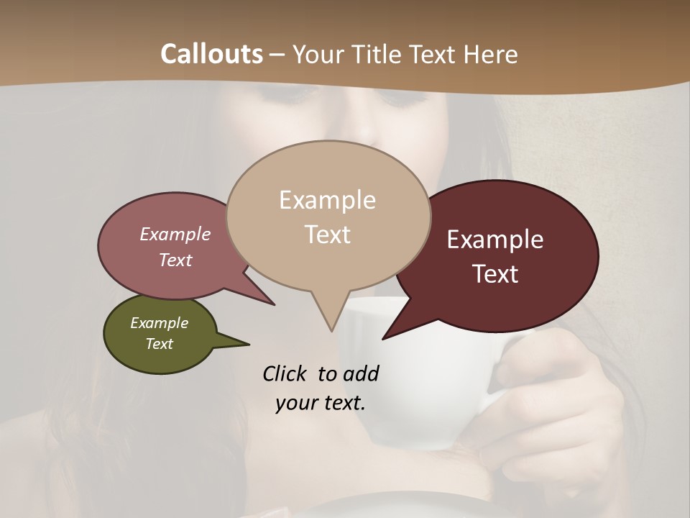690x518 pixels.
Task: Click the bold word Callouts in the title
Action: [211, 54]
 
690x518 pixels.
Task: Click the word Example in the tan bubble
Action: [327, 200]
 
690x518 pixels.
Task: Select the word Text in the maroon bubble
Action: [496, 274]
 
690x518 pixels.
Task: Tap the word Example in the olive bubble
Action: [159, 323]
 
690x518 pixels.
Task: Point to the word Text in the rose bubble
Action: [175, 260]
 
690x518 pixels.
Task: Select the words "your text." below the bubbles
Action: [321, 403]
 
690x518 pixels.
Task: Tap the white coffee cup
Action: [402, 381]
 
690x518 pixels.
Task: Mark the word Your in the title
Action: [318, 54]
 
